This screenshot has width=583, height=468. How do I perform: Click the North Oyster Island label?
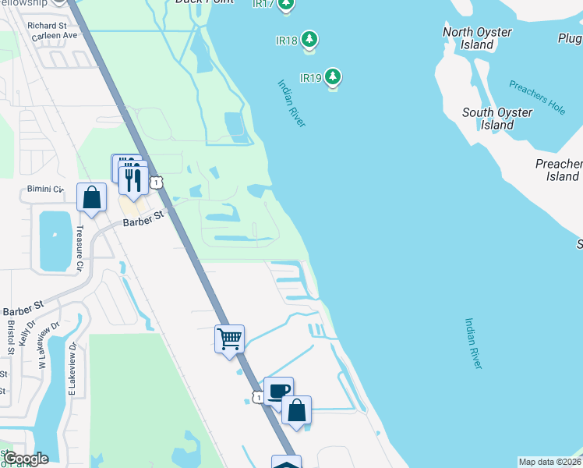(477, 38)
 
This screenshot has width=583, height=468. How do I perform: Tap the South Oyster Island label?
(497, 119)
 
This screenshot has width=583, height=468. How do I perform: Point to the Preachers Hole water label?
(537, 97)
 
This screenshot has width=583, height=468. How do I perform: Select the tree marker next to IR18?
(309, 38)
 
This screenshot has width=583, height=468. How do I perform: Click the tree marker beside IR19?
(334, 76)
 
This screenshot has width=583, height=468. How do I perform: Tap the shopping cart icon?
(230, 339)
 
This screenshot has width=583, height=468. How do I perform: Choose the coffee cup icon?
(278, 391)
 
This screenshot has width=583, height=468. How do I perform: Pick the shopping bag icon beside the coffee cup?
(297, 410)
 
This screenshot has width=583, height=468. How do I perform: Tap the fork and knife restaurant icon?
(132, 179)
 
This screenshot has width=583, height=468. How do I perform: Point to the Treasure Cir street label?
(79, 249)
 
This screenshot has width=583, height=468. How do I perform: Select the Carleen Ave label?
(58, 36)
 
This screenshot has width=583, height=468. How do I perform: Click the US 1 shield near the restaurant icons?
(157, 182)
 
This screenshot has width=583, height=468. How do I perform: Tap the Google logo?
(26, 459)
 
